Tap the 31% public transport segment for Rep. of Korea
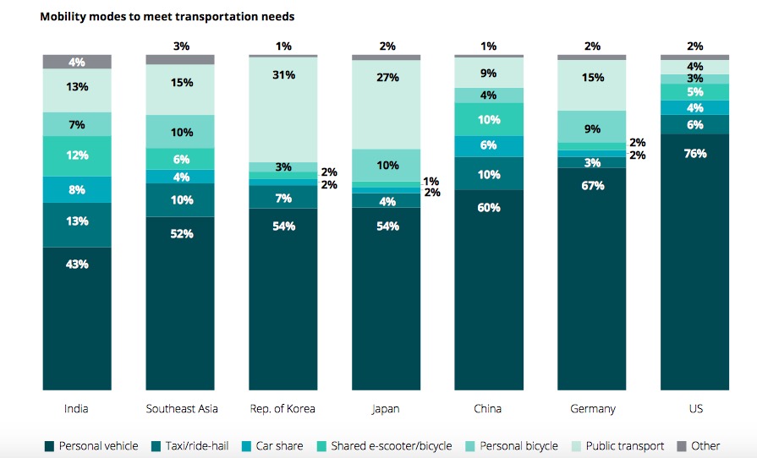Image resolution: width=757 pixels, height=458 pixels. pyautogui.click(x=283, y=109)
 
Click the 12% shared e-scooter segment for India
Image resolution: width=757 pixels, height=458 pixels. pyautogui.click(x=77, y=156)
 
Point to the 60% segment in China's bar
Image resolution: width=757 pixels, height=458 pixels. pyautogui.click(x=489, y=289)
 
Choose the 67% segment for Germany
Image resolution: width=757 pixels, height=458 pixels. pyautogui.click(x=592, y=278)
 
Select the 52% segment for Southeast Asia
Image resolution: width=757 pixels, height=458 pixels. pyautogui.click(x=180, y=303)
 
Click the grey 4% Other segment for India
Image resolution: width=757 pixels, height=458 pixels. pyautogui.click(x=77, y=62)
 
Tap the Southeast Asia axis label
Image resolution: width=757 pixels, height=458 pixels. pyautogui.click(x=181, y=409)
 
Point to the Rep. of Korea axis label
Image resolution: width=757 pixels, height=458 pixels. pyautogui.click(x=283, y=409)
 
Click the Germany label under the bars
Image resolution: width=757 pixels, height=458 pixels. pyautogui.click(x=592, y=409)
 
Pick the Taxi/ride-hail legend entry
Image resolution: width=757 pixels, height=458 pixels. pyautogui.click(x=191, y=446)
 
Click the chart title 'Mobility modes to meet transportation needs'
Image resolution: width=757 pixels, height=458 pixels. pyautogui.click(x=167, y=16)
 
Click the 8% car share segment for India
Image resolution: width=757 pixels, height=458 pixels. pyautogui.click(x=77, y=189)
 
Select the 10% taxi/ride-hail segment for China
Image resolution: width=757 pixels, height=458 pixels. pyautogui.click(x=489, y=173)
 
